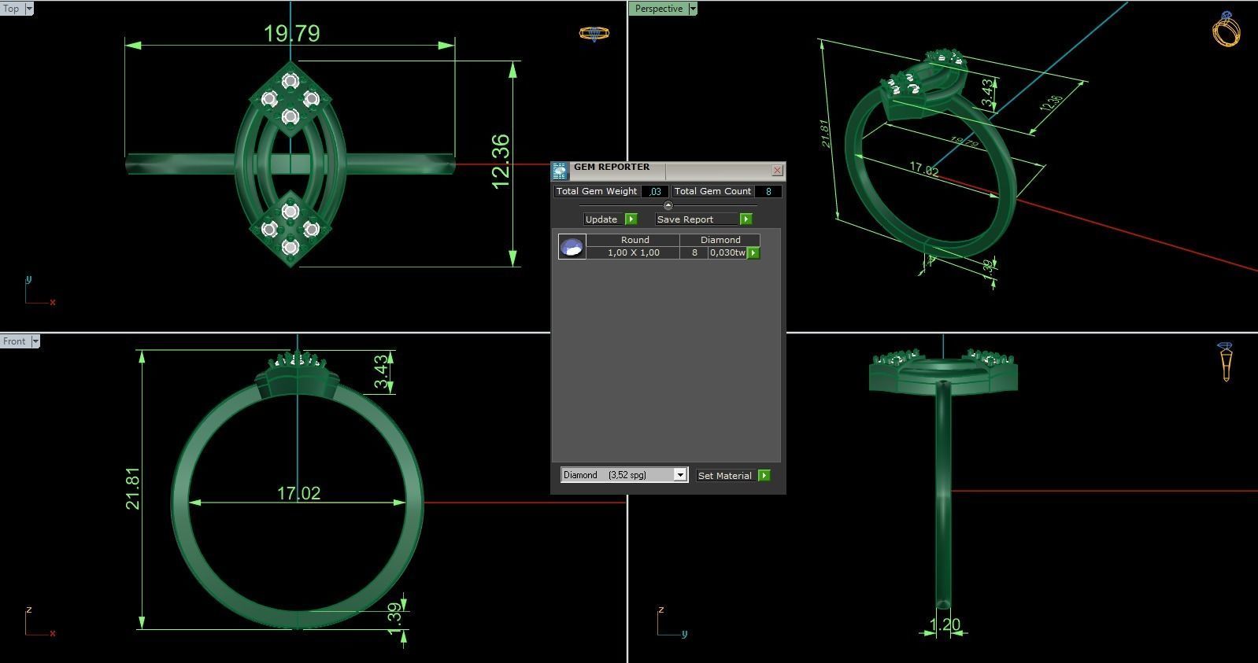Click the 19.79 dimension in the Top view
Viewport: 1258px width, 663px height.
click(291, 33)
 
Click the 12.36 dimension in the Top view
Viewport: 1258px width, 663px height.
click(501, 161)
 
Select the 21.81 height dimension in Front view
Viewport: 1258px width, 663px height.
click(132, 488)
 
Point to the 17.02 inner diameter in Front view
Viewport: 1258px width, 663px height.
click(298, 493)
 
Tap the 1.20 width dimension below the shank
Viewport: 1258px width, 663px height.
click(944, 624)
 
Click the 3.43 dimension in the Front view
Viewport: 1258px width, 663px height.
click(381, 372)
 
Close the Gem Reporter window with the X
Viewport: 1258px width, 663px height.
click(777, 170)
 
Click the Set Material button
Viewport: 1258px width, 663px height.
click(725, 476)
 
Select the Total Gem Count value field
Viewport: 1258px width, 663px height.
click(768, 191)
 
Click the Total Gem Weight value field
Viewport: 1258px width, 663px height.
click(655, 191)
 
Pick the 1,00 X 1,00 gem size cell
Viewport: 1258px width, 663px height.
click(633, 252)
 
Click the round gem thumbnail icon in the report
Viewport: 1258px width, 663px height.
click(572, 247)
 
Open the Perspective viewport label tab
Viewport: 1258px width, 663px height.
click(659, 9)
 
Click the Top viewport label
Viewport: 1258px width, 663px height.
click(12, 9)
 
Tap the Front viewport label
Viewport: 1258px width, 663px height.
click(14, 341)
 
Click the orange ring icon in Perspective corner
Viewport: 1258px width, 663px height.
click(1226, 29)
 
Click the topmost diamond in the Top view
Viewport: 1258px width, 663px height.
click(290, 81)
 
